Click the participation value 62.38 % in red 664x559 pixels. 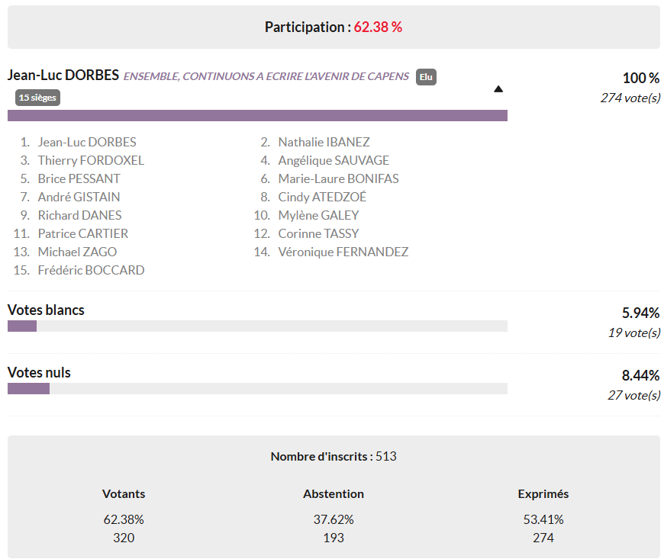(378, 27)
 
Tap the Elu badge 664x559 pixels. (426, 77)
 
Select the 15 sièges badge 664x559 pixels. (37, 98)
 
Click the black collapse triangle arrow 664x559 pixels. (498, 89)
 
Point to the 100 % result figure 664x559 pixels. (641, 79)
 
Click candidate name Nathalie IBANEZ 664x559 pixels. (324, 142)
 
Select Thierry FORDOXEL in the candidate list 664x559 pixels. (91, 160)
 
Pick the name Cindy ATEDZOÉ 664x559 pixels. (322, 197)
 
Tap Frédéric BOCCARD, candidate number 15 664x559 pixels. (91, 270)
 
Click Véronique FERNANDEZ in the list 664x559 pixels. (343, 252)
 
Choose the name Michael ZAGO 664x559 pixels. (77, 252)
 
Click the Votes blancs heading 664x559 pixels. (46, 310)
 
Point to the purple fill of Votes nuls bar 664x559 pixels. (28, 388)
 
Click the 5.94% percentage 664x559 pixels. (641, 313)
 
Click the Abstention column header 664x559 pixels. (334, 494)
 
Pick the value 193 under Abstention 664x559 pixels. (334, 538)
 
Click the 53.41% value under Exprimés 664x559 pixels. (543, 520)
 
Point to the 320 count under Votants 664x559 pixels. (124, 538)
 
